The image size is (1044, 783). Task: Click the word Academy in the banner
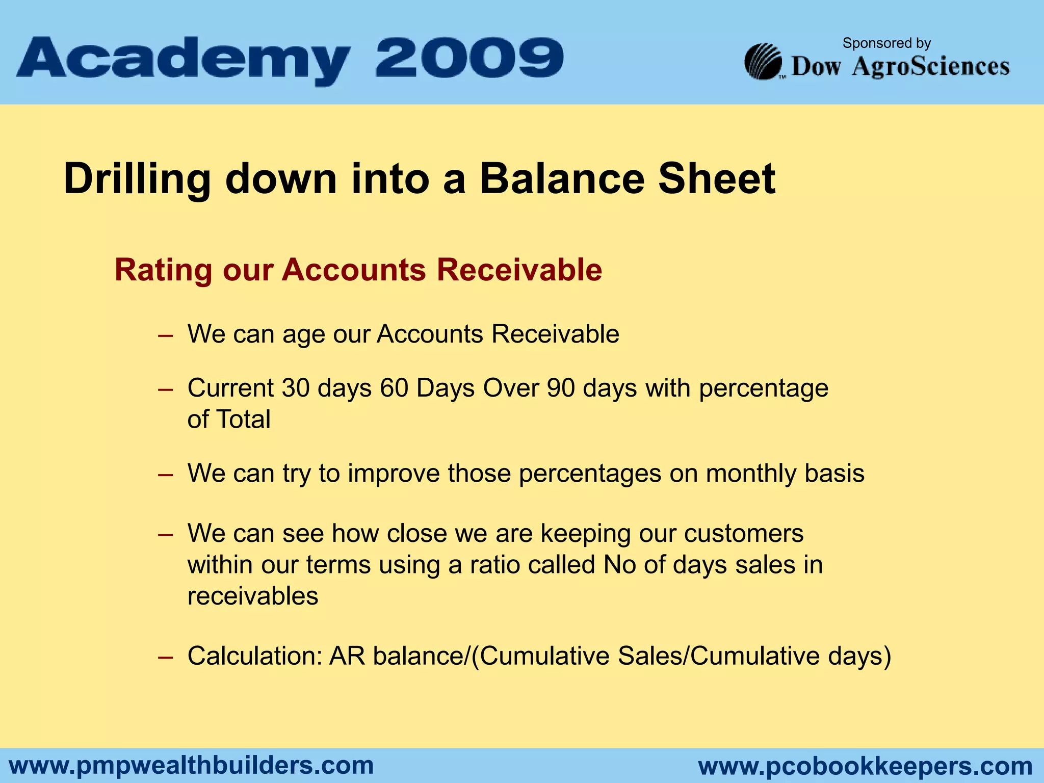(184, 60)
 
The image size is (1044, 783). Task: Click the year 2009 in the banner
(469, 58)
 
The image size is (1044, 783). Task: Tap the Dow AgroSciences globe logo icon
(763, 62)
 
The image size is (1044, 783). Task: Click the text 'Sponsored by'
(886, 43)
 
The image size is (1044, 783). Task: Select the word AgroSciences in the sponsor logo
(930, 67)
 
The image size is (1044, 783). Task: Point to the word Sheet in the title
(717, 178)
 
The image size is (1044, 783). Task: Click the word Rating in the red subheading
(163, 270)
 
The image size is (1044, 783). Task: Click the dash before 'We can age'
(165, 336)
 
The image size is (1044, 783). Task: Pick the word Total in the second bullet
(243, 420)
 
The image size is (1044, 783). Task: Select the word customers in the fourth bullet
(744, 534)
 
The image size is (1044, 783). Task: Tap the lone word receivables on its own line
(253, 596)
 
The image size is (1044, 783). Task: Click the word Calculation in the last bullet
(254, 657)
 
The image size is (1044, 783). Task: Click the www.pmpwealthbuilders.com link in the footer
(192, 766)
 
